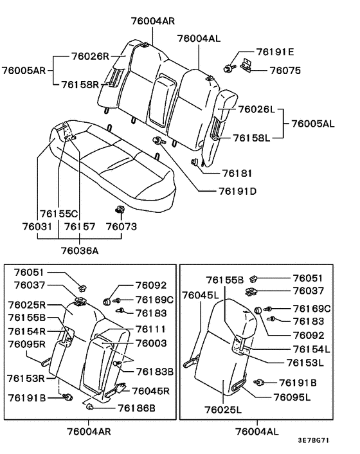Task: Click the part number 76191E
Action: click(x=274, y=51)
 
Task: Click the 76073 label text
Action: click(x=122, y=226)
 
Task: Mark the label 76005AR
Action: click(x=23, y=69)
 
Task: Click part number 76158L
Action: click(x=251, y=137)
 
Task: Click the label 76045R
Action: click(x=150, y=390)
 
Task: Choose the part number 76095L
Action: click(x=292, y=397)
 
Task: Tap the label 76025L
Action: click(x=224, y=409)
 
